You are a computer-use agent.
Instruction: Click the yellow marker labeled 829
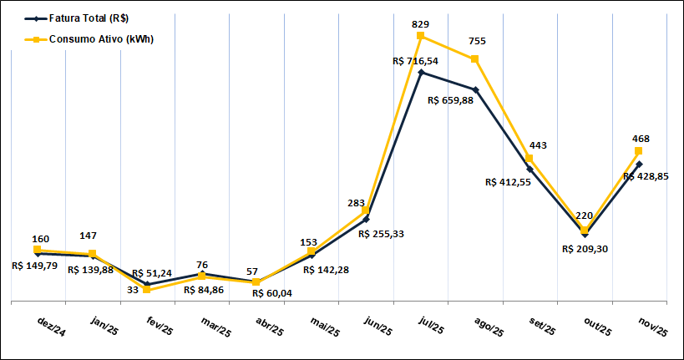click(421, 36)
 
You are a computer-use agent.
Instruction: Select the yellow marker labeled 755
click(475, 58)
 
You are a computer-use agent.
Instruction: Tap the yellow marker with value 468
click(639, 151)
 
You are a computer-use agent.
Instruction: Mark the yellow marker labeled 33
click(147, 289)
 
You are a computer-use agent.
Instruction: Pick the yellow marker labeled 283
click(366, 211)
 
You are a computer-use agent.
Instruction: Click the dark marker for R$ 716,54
click(421, 73)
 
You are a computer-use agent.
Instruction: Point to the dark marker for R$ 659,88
click(475, 89)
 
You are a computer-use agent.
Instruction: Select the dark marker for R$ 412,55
click(529, 169)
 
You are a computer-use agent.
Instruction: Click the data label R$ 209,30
click(585, 249)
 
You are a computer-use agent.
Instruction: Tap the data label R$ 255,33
click(381, 234)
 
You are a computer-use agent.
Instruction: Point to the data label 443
click(538, 145)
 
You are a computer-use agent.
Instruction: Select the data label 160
click(41, 239)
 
